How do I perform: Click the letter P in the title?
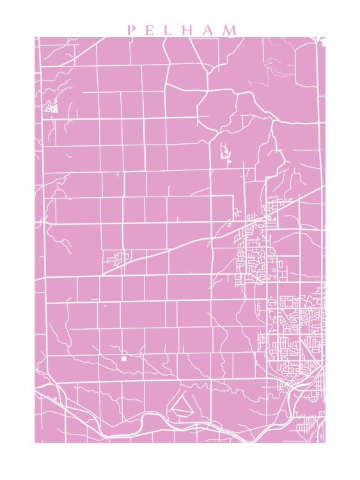130,30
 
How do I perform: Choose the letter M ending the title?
230,30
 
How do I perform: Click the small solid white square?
123,358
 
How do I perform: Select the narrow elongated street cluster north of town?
225,154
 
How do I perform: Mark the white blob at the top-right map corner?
323,42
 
